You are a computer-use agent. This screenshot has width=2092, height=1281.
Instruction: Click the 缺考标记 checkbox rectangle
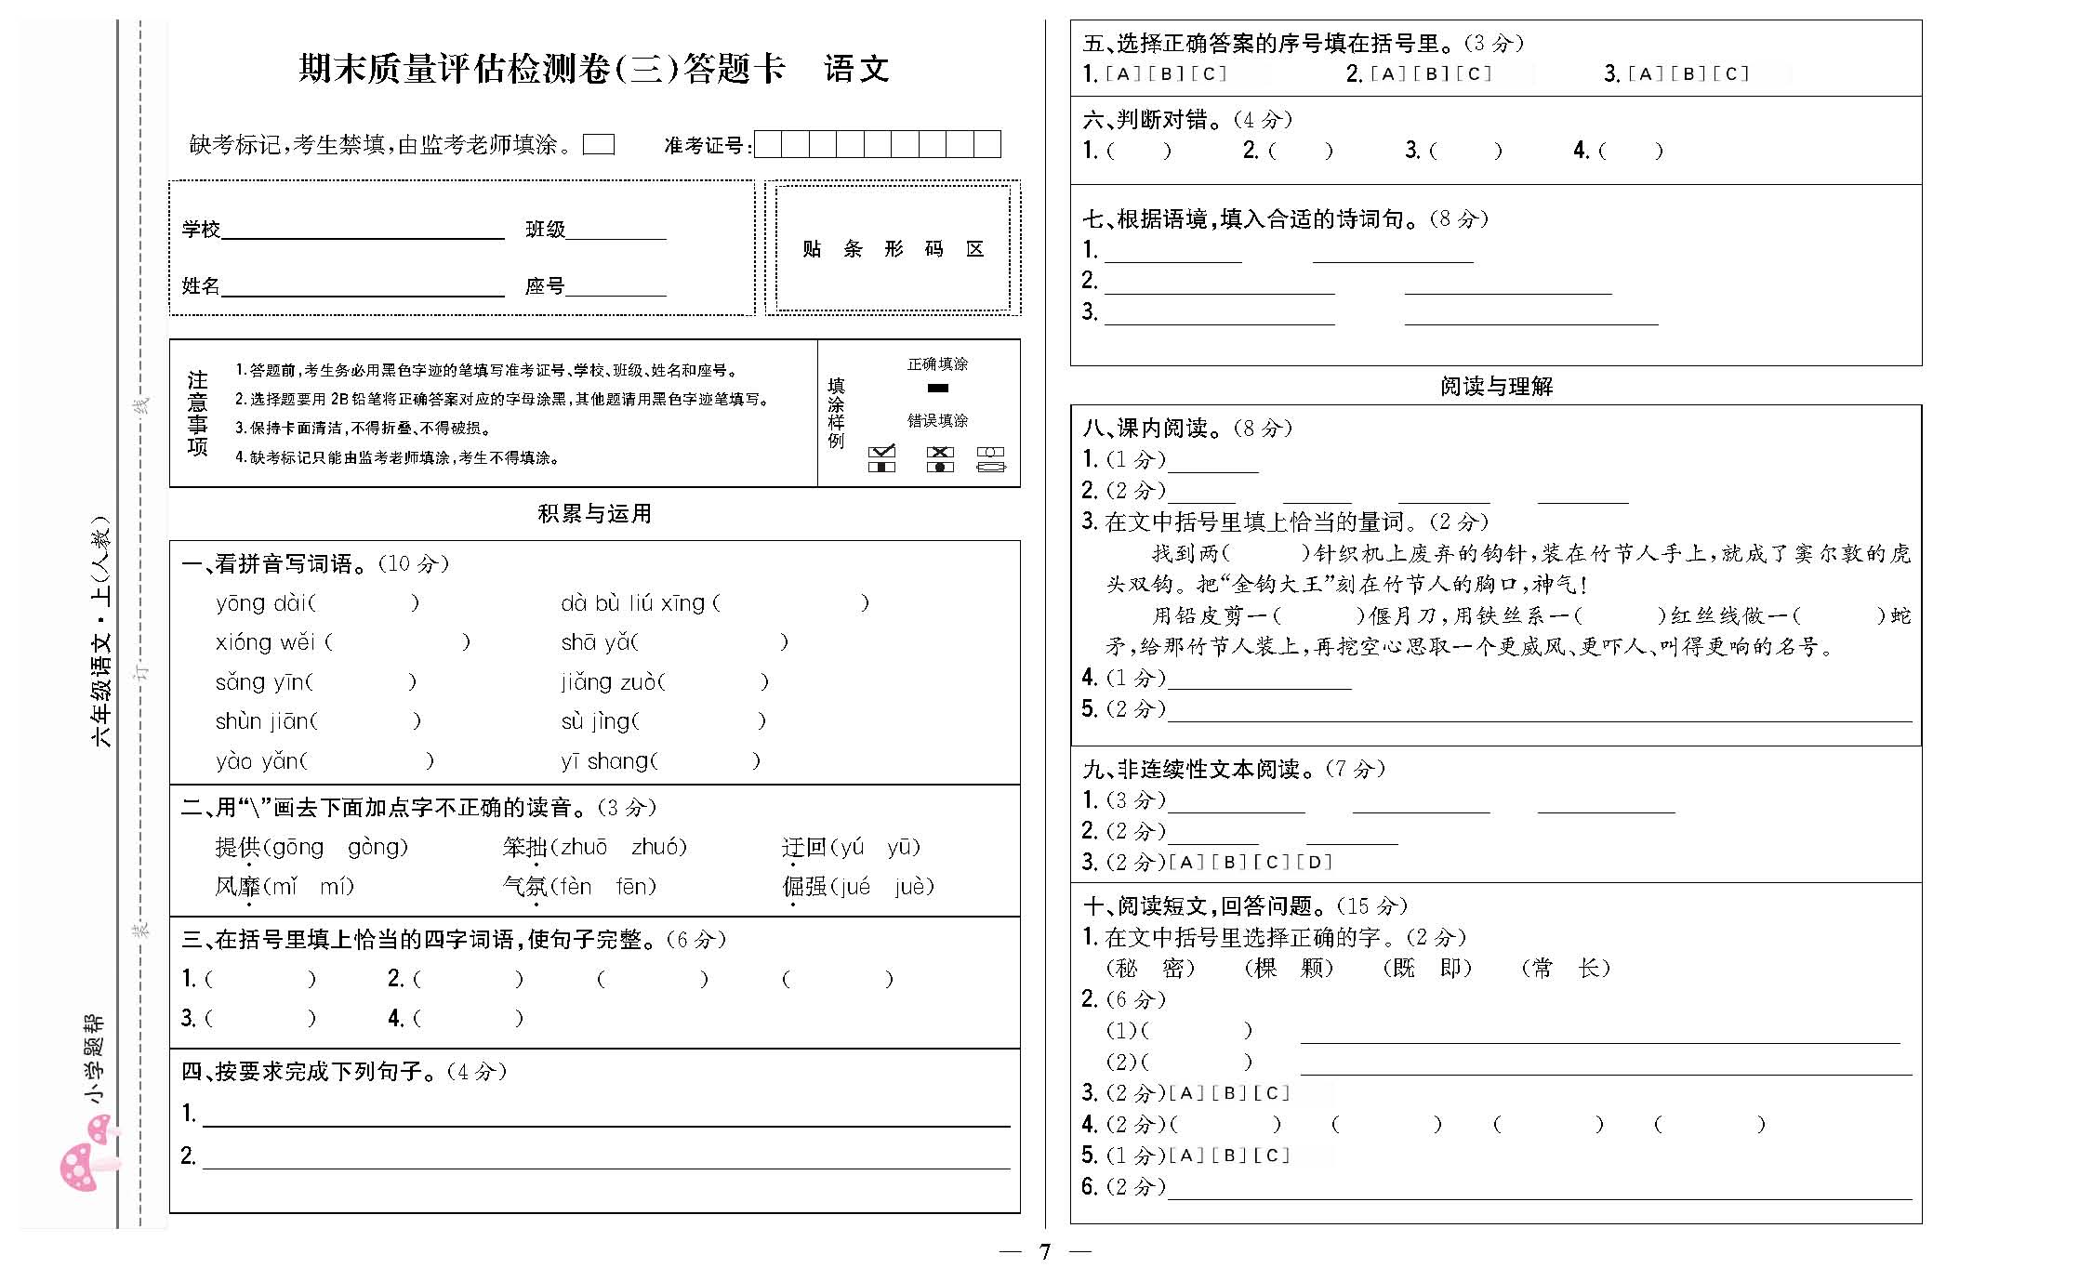click(598, 144)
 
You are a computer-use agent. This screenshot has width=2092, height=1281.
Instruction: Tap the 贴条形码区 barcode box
click(893, 248)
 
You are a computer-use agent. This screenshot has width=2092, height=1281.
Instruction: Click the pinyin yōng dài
click(260, 603)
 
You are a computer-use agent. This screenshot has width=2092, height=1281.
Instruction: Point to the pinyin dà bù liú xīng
click(632, 603)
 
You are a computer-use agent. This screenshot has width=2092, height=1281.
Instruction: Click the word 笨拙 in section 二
click(524, 847)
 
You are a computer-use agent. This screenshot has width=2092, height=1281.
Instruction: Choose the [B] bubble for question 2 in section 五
click(1432, 74)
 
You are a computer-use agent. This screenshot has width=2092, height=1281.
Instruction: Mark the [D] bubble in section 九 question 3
click(1314, 862)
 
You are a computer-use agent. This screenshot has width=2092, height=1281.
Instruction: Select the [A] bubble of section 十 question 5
click(1185, 1155)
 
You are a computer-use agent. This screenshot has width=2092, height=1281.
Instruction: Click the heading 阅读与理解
click(1496, 386)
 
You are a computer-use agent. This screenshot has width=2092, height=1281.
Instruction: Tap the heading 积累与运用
click(594, 513)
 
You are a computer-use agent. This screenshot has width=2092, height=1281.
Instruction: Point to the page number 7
click(1045, 1252)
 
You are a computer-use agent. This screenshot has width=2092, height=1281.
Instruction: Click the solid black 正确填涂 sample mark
click(937, 388)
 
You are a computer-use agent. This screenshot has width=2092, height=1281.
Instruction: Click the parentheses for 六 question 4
click(1630, 151)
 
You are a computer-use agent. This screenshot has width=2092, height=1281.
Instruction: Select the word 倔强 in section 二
click(803, 887)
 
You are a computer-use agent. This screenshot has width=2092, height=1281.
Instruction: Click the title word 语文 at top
click(856, 69)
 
